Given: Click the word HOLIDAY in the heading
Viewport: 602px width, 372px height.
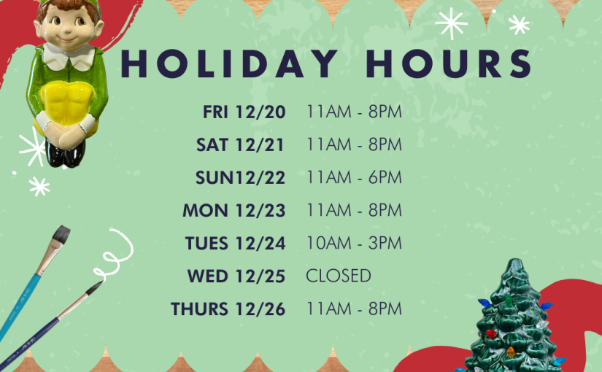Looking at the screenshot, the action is click(229, 63).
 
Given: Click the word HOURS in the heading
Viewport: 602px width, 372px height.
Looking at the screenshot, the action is click(449, 63).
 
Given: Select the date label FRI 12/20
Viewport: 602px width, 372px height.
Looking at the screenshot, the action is click(244, 112).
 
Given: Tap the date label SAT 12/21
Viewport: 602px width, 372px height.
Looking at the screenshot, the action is click(240, 144).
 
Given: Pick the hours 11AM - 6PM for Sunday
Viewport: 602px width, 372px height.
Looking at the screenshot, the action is click(354, 177).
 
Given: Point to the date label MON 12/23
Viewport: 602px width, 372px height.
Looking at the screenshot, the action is click(234, 210).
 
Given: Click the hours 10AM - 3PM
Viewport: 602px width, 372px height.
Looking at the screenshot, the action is click(354, 243).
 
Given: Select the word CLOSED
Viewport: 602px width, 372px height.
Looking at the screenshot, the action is click(339, 276).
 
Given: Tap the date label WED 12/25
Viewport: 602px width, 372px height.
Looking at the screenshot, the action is click(236, 276).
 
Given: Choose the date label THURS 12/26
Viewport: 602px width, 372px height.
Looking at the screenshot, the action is click(228, 309).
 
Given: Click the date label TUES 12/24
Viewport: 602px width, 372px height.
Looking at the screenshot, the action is click(236, 244).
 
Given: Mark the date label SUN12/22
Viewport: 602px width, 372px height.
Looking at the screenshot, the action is click(240, 178).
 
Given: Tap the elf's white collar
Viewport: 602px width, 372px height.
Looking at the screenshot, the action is click(69, 56).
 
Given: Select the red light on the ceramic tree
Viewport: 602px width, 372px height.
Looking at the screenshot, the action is click(490, 333).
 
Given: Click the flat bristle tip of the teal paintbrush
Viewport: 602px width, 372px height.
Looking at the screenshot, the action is click(61, 234).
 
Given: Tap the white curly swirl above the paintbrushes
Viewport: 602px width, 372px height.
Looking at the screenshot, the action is click(115, 252).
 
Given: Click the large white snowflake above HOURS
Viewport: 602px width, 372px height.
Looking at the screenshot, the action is click(452, 23).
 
